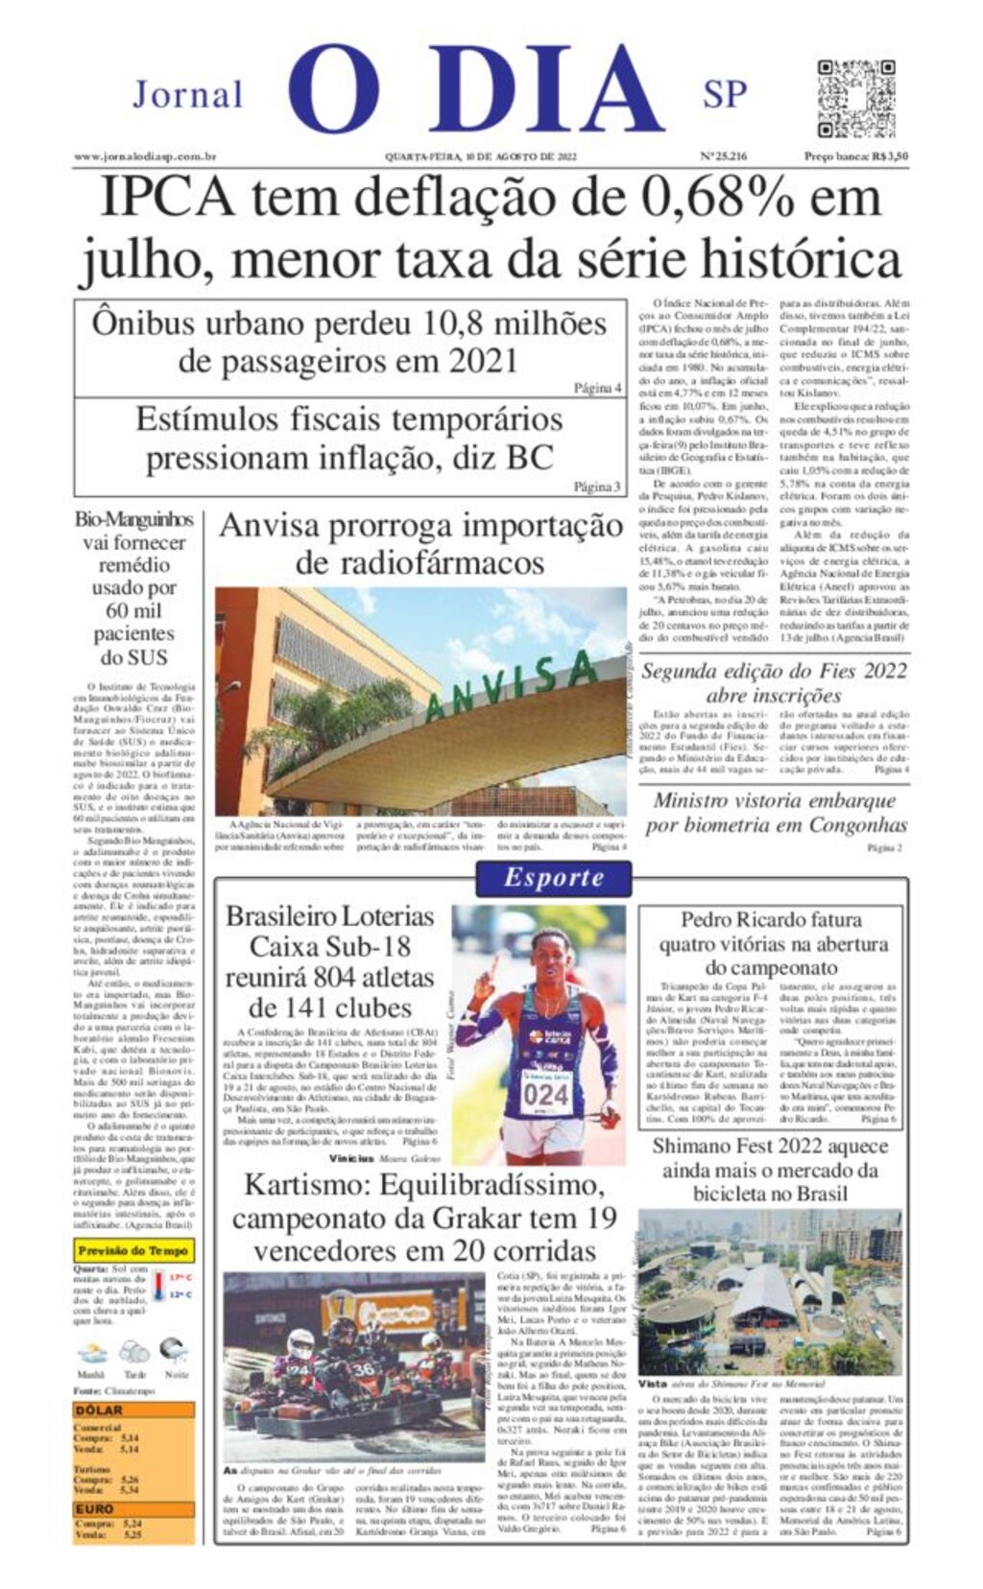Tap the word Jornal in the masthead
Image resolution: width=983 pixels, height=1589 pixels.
tap(188, 95)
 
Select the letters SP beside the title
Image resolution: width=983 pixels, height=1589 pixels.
tap(725, 95)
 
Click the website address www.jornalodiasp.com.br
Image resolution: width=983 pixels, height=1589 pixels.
tap(145, 157)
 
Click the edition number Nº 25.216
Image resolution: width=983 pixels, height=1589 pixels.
tap(724, 157)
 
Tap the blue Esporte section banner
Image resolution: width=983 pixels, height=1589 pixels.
tap(554, 877)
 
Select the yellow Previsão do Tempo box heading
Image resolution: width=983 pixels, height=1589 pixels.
tap(134, 1250)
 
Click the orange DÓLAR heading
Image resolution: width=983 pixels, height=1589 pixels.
tap(99, 1411)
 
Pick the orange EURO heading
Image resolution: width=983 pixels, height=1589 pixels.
tap(95, 1508)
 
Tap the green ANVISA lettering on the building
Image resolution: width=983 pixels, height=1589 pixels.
tap(508, 685)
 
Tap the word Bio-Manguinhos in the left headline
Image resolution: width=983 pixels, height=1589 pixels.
tap(134, 520)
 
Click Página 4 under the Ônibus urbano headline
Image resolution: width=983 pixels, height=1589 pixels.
tap(598, 388)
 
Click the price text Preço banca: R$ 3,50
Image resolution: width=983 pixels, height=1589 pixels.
tap(856, 157)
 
